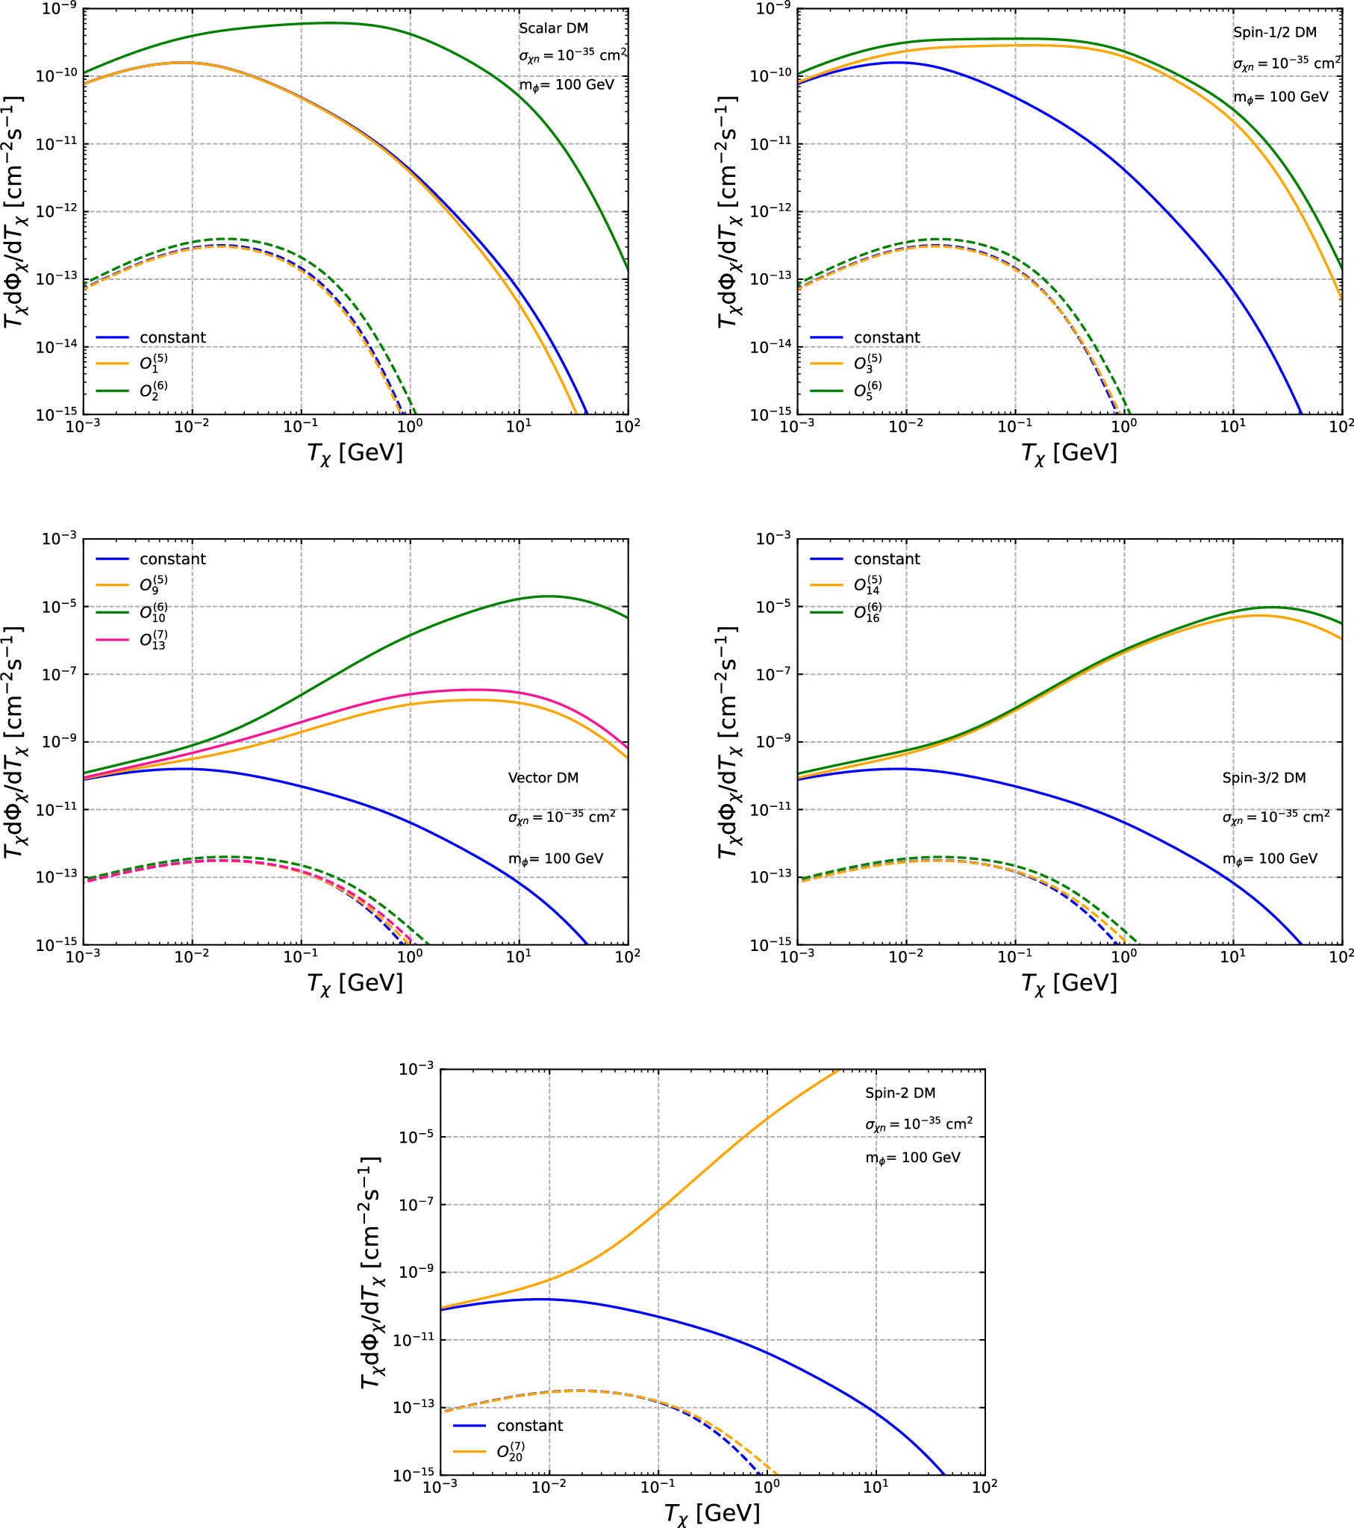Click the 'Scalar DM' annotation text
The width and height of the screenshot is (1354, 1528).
pos(553,28)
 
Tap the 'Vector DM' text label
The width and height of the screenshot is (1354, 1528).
pos(543,779)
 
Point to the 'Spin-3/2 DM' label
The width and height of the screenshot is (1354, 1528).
pos(1264,779)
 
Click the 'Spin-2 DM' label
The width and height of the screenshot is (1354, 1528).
pos(900,1093)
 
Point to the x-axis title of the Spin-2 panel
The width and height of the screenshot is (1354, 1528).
pos(712,1513)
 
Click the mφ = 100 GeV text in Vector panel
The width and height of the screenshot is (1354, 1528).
pos(555,859)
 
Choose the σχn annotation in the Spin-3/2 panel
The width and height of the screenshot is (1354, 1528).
pos(1276,817)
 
